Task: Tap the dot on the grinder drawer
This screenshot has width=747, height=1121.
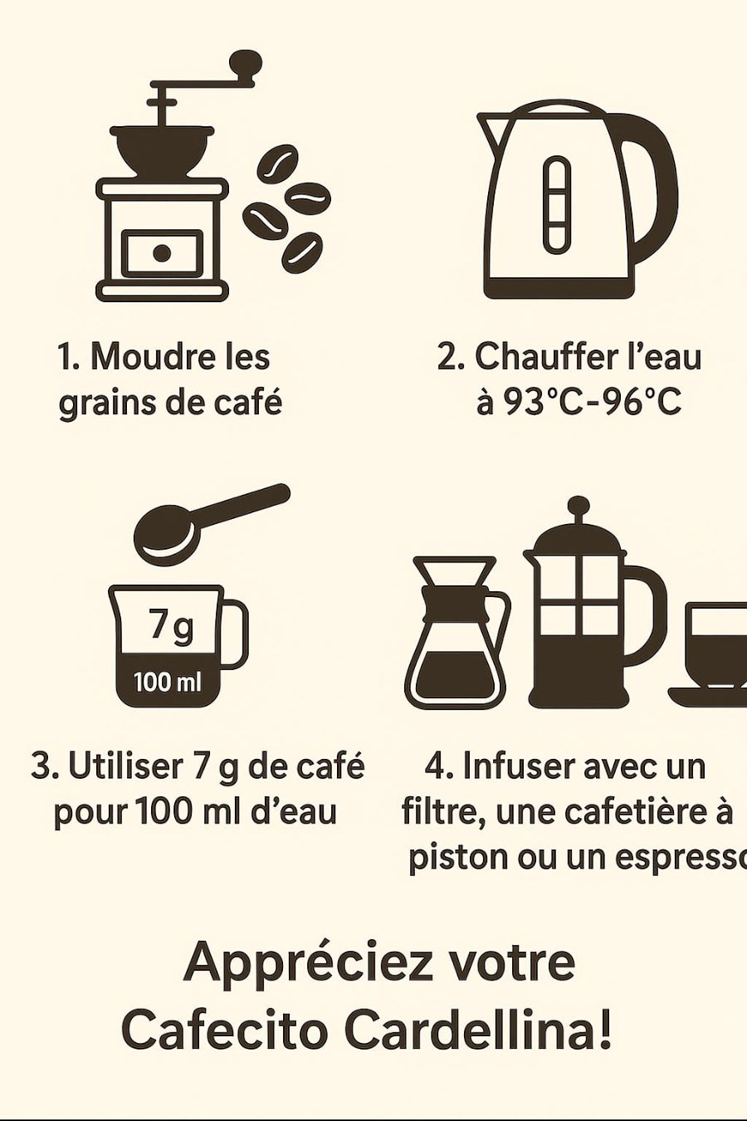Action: [162, 253]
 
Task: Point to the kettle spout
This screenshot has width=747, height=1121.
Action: [490, 130]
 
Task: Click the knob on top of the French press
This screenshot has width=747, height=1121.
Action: [579, 506]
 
